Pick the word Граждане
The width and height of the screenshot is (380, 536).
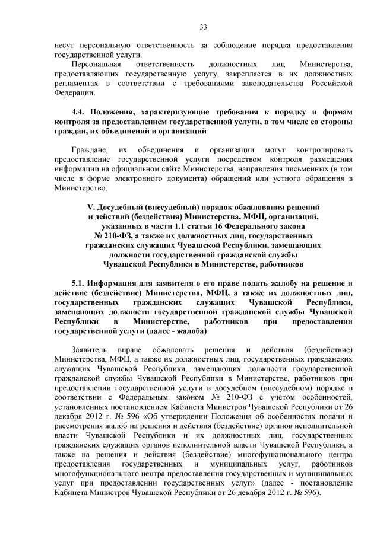[88, 150]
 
